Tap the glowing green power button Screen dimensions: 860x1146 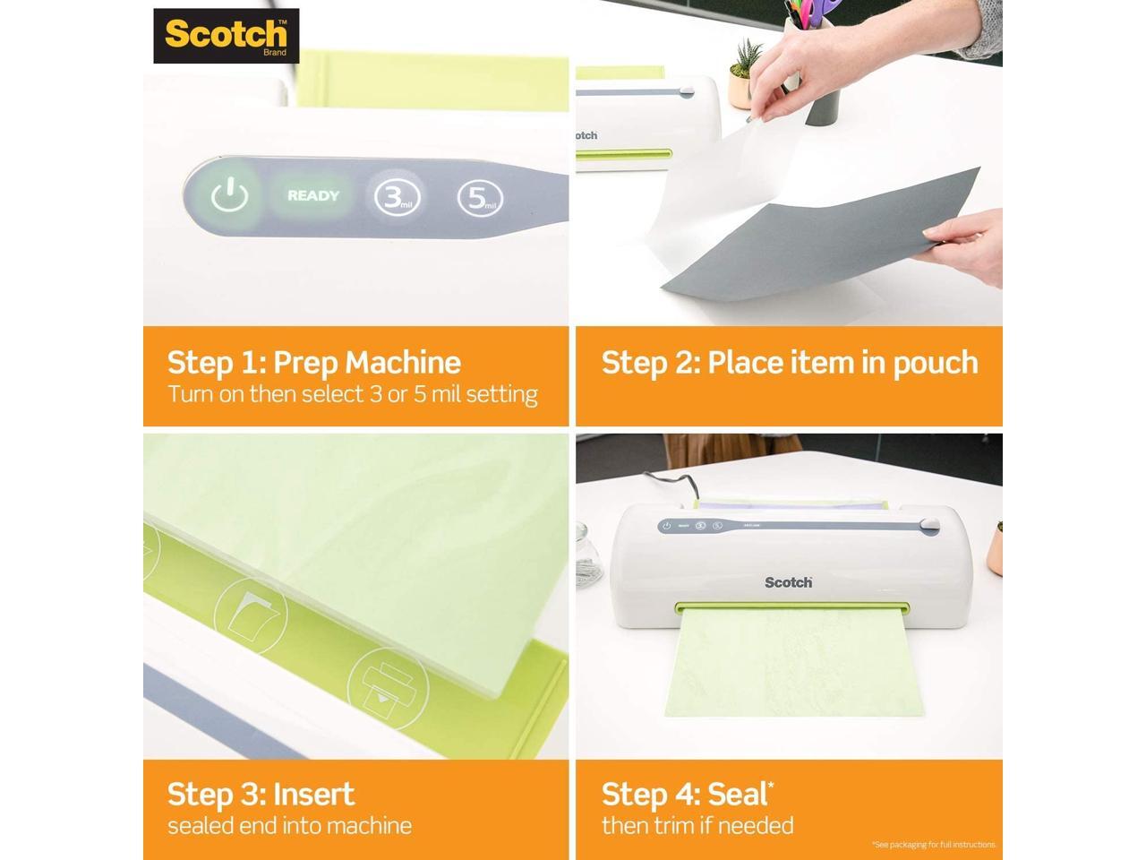tap(229, 195)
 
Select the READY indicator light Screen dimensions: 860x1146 tap(313, 195)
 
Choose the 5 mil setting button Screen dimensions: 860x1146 tap(480, 198)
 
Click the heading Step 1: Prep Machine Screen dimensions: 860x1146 tap(314, 362)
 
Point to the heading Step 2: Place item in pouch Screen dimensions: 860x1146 tap(790, 362)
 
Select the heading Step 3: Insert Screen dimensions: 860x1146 tap(261, 794)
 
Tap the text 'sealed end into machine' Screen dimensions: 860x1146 tap(290, 825)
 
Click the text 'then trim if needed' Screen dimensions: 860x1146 tap(697, 825)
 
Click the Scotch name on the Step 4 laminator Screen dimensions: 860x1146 tap(788, 582)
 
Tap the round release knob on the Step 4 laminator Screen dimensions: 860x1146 tap(928, 524)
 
